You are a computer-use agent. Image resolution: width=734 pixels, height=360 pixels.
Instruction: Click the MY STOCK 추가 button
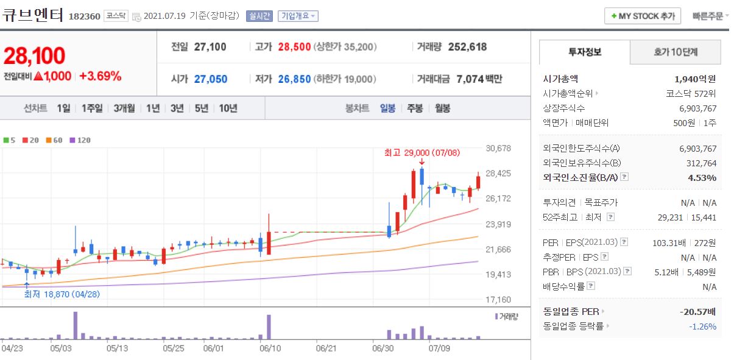point(643,16)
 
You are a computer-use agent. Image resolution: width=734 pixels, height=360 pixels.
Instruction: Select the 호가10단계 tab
point(675,52)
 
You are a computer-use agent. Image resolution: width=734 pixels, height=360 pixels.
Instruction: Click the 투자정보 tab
point(584,52)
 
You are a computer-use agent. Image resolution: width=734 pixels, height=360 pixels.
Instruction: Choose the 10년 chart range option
point(228,108)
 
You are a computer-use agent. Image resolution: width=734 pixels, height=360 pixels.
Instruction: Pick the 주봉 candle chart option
point(415,108)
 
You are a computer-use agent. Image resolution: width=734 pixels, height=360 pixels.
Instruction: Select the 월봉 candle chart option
point(443,108)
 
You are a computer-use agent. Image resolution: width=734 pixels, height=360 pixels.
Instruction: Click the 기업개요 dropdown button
point(298,16)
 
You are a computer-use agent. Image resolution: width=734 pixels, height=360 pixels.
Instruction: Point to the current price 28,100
point(34,55)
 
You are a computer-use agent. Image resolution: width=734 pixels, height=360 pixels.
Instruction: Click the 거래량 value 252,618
point(467,47)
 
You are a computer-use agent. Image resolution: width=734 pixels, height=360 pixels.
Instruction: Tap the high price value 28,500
point(294,47)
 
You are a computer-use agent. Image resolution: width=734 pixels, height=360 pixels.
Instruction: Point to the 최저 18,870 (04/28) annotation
point(62,294)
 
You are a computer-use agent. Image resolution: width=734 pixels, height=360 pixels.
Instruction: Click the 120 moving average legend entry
point(80,140)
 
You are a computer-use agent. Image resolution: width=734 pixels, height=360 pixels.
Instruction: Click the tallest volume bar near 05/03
point(76,325)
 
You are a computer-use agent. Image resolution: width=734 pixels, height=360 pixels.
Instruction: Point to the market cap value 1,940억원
point(695,79)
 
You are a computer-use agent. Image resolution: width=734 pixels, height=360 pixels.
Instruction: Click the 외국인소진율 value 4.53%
point(703,178)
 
